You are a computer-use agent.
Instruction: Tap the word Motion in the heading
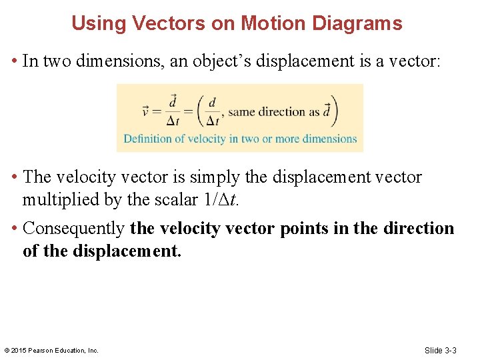click(269, 24)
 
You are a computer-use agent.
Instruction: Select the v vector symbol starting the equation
click(147, 111)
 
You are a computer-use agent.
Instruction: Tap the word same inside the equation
click(242, 112)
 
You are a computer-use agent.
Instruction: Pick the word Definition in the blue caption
click(147, 139)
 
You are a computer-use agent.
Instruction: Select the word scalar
click(171, 199)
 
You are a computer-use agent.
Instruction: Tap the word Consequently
click(73, 229)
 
